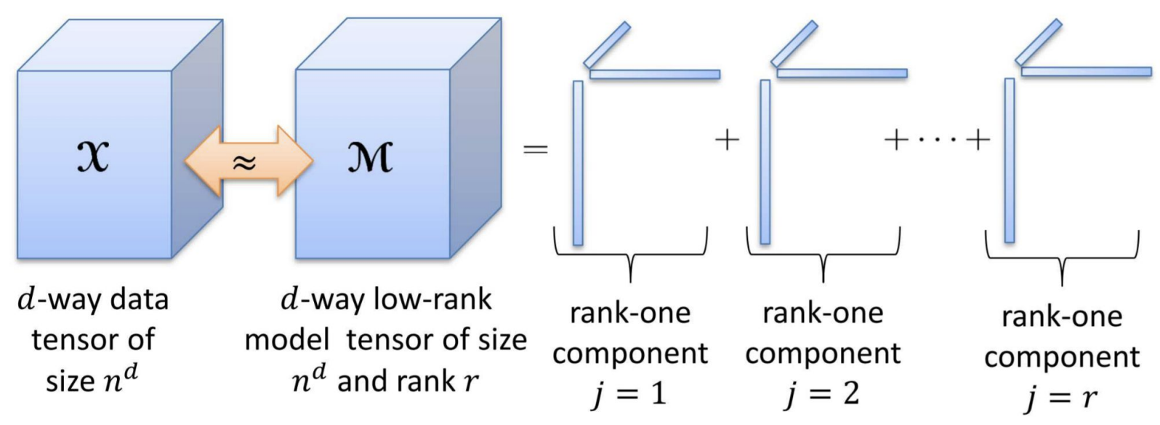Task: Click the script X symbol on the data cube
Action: (x=93, y=156)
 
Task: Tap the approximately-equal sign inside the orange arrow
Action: (x=244, y=162)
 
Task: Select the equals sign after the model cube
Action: (x=536, y=149)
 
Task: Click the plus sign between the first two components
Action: (x=728, y=139)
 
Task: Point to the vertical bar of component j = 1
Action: (x=578, y=163)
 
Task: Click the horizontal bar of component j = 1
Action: (x=654, y=74)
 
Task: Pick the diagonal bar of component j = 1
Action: (x=607, y=44)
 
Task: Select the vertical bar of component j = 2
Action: (x=765, y=162)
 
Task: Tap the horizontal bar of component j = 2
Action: (x=842, y=73)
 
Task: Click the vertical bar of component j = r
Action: (x=1009, y=160)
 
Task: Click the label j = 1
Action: (x=629, y=394)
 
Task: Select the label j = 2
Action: (x=822, y=394)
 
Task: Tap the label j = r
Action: (x=1061, y=397)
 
